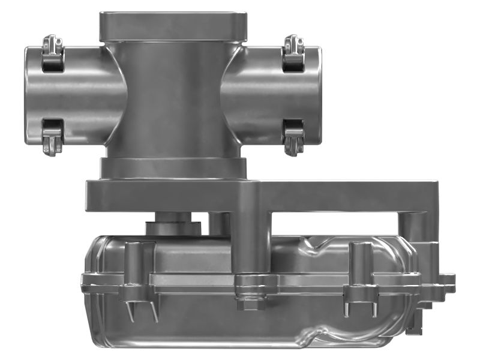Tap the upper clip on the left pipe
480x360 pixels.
tap(53, 53)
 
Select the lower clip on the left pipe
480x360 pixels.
tap(53, 136)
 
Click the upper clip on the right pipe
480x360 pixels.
tap(293, 53)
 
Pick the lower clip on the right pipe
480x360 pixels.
tap(293, 136)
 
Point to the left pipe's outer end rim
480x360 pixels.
tap(28, 95)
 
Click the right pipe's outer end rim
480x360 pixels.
tap(317, 95)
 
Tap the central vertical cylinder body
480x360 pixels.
tap(173, 96)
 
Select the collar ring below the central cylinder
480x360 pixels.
tap(173, 167)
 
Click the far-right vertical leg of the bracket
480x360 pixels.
tap(414, 228)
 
